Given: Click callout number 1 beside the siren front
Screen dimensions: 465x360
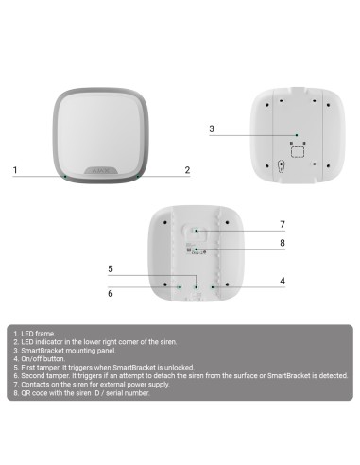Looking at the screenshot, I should (x=15, y=170).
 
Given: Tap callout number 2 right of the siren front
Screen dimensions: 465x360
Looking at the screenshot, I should (x=187, y=170).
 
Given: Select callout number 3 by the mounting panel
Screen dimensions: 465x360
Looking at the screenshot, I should (x=212, y=129).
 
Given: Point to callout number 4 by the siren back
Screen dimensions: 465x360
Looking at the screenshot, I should (x=282, y=280).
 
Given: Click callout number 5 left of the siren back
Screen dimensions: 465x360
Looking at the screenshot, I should (x=111, y=269).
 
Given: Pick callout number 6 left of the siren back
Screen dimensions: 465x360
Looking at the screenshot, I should (x=111, y=293).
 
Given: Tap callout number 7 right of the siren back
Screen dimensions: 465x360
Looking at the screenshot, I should (x=282, y=224).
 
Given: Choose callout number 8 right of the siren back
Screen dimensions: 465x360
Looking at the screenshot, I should (x=282, y=243).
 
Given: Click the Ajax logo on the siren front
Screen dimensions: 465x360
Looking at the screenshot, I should (x=100, y=165).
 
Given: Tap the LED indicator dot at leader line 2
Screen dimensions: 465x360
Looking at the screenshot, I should (x=138, y=177).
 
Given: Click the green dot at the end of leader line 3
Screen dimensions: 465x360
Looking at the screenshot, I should (x=296, y=134).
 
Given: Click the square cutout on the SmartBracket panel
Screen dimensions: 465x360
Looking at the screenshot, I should (x=296, y=149).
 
